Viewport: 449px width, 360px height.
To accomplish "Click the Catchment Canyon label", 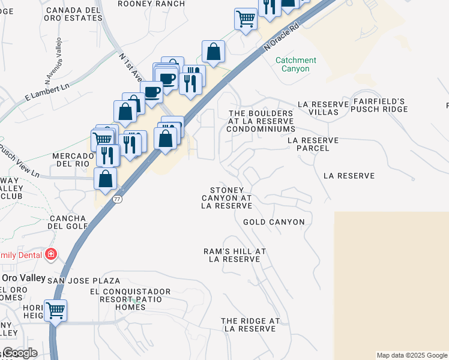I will point(295,64).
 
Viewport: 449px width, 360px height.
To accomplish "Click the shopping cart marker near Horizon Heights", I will point(55,311).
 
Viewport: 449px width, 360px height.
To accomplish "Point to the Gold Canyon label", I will point(274,222).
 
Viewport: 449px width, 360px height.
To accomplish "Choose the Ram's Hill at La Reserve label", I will point(235,255).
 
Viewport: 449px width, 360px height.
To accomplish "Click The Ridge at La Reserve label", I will point(250,325).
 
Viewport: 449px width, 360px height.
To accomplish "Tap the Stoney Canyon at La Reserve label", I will point(226,197).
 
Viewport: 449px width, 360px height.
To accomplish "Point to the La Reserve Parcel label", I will point(313,144).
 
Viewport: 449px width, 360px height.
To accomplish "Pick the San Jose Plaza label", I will point(83,281).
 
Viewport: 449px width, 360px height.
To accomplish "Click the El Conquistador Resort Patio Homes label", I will point(130,299).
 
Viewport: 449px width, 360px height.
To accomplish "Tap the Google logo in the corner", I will point(19,353).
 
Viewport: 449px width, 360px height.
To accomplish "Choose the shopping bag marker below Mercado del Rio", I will point(106,179).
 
